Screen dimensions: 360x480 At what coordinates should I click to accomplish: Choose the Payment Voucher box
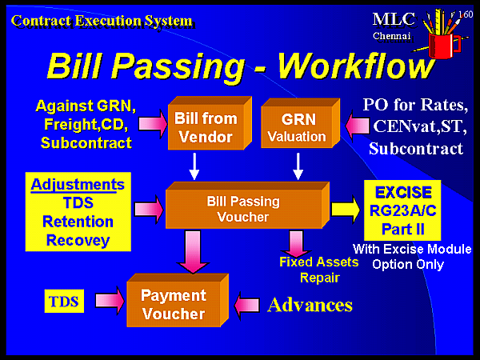point(173,305)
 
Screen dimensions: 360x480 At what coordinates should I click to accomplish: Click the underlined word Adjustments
point(78,185)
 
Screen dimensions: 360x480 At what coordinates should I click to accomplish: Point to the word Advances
point(310,305)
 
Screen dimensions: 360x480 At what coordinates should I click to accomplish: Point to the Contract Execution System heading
point(102,20)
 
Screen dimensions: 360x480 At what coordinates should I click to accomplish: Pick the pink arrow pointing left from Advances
point(249,305)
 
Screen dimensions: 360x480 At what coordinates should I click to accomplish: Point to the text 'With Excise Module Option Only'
point(411,257)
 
